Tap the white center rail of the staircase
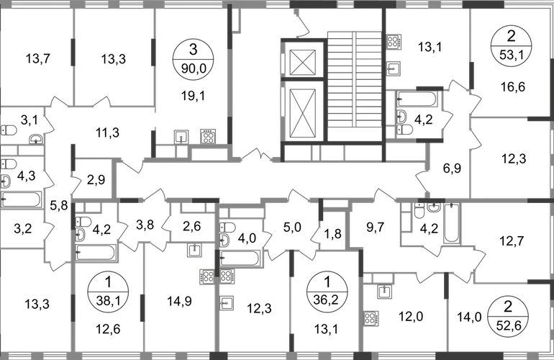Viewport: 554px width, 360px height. click(354, 76)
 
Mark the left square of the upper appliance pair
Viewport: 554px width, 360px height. click(181, 135)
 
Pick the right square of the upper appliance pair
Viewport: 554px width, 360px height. click(208, 135)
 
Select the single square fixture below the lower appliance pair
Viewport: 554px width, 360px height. click(227, 303)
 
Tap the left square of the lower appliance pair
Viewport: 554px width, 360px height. click(206, 276)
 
